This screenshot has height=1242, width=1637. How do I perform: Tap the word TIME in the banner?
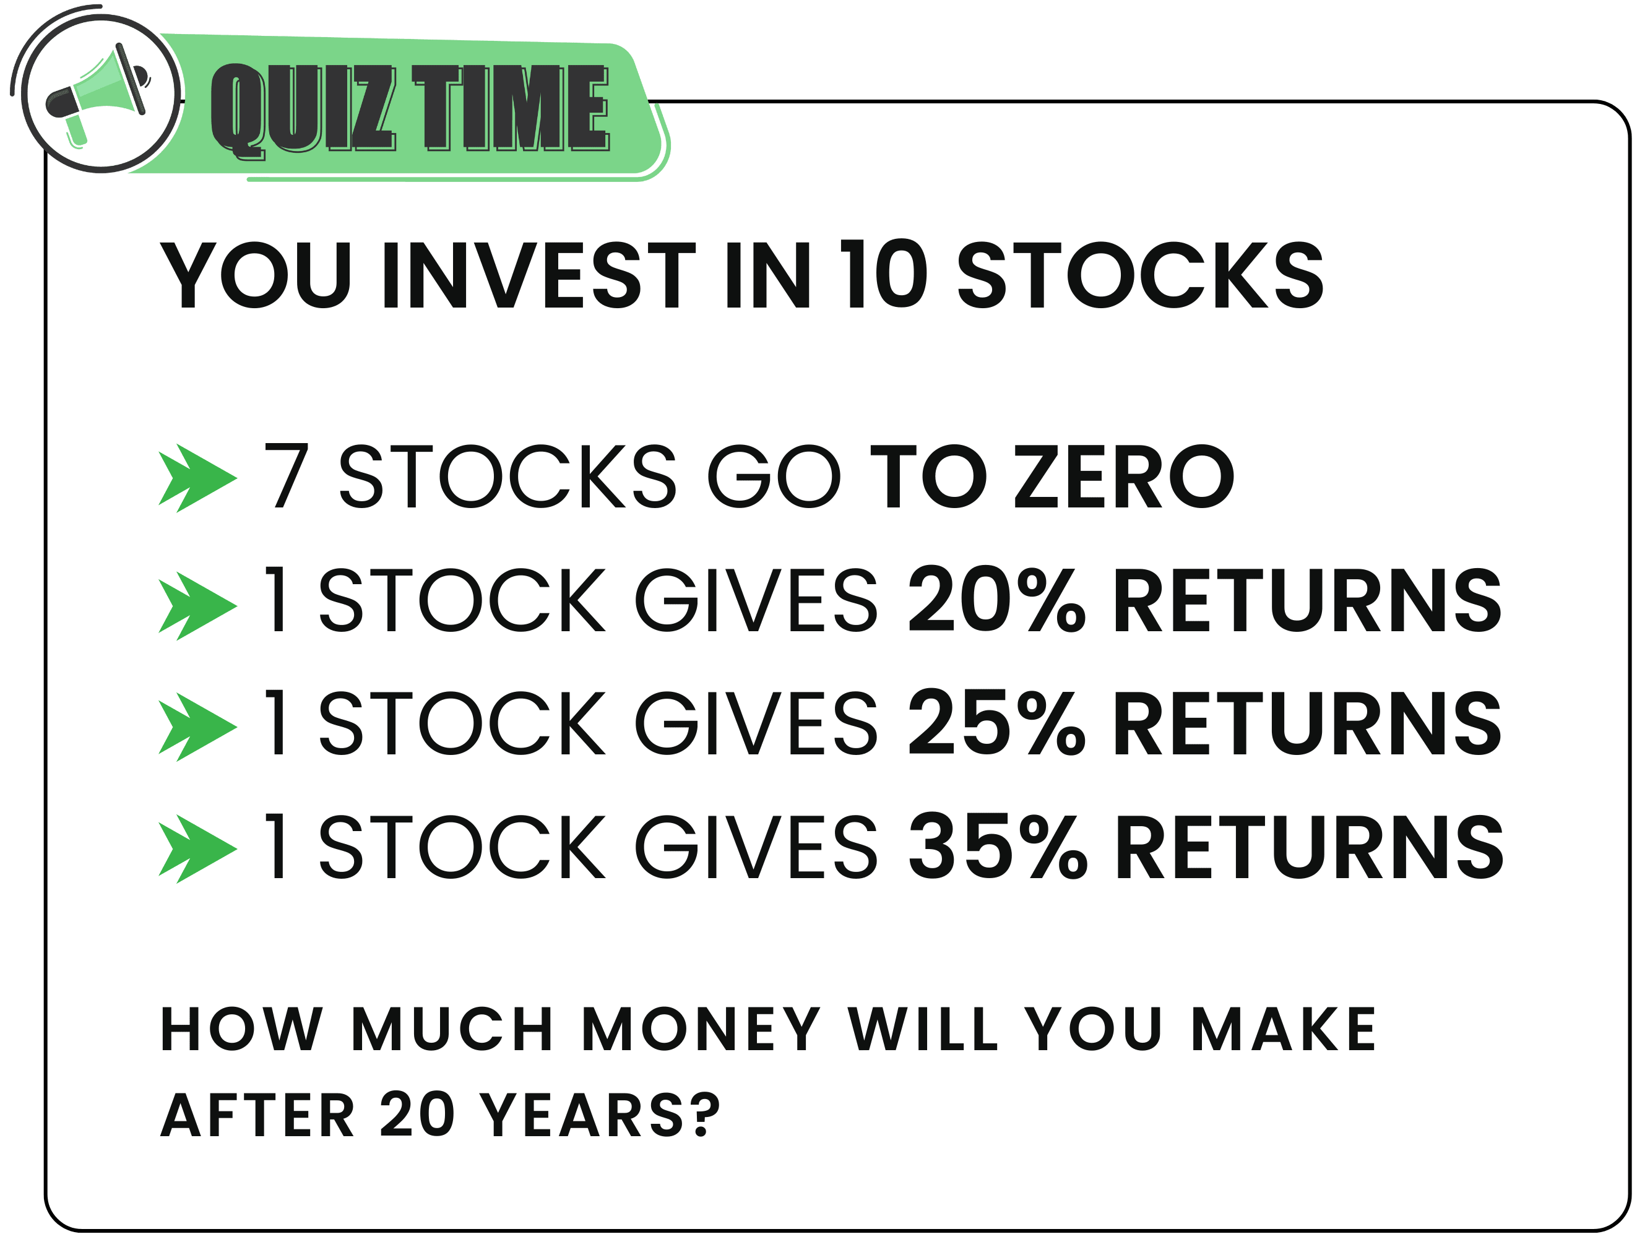(511, 108)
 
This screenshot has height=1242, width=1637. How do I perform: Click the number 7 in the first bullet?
(286, 476)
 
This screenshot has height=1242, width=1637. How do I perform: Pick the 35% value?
(998, 845)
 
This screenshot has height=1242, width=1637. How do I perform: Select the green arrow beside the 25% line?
(197, 728)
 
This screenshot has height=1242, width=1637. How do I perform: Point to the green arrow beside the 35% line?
(197, 849)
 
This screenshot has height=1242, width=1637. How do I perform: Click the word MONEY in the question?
(701, 1029)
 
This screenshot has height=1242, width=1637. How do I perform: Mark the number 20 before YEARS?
(417, 1114)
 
